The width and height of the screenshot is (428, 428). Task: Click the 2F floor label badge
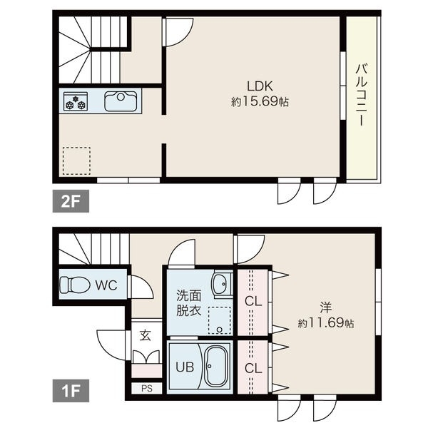click(x=71, y=201)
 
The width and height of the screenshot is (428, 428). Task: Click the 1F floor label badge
click(x=71, y=390)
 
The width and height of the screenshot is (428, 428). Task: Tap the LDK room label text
click(x=260, y=86)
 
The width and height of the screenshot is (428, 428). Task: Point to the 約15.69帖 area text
click(x=260, y=102)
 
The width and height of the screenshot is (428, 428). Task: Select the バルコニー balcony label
click(x=362, y=94)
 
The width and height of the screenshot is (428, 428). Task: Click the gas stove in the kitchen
click(x=76, y=101)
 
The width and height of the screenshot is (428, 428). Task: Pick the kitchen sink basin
click(x=121, y=101)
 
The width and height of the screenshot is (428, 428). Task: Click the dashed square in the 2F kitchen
click(x=76, y=160)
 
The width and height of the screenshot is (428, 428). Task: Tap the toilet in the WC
click(x=75, y=285)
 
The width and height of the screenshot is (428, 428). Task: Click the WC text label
click(x=106, y=285)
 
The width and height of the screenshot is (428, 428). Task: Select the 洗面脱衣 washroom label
click(x=188, y=302)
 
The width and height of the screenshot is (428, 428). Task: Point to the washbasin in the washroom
click(x=222, y=284)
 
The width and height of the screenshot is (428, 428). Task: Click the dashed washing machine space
click(x=220, y=321)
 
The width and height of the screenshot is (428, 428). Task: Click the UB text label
click(x=185, y=367)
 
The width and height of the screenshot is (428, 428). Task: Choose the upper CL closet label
click(x=253, y=302)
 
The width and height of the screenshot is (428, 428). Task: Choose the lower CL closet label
click(x=253, y=369)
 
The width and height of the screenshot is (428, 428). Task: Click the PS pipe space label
click(x=147, y=388)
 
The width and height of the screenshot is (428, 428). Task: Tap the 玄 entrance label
click(x=145, y=335)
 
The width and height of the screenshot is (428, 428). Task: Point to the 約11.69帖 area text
click(x=326, y=323)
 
